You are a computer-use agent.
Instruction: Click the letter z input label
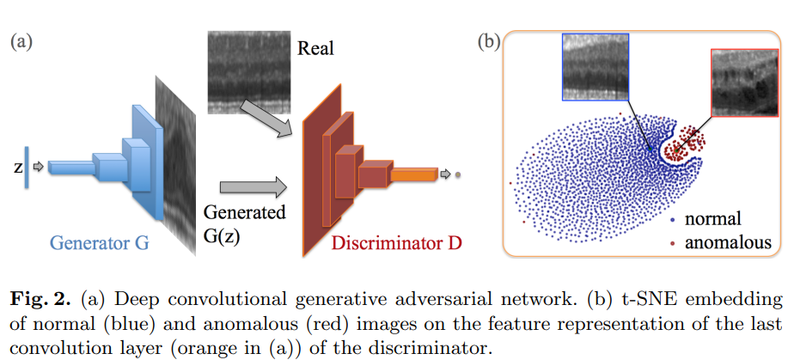(x=17, y=168)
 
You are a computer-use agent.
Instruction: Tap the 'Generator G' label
(x=99, y=243)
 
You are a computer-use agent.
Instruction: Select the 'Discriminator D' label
(x=396, y=243)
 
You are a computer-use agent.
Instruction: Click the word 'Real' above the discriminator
(x=315, y=49)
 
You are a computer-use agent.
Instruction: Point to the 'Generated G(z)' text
(x=243, y=223)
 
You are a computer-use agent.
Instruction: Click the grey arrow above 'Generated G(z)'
(x=252, y=185)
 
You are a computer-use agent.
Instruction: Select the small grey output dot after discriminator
(x=458, y=174)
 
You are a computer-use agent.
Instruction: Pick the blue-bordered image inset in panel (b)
(x=595, y=67)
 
